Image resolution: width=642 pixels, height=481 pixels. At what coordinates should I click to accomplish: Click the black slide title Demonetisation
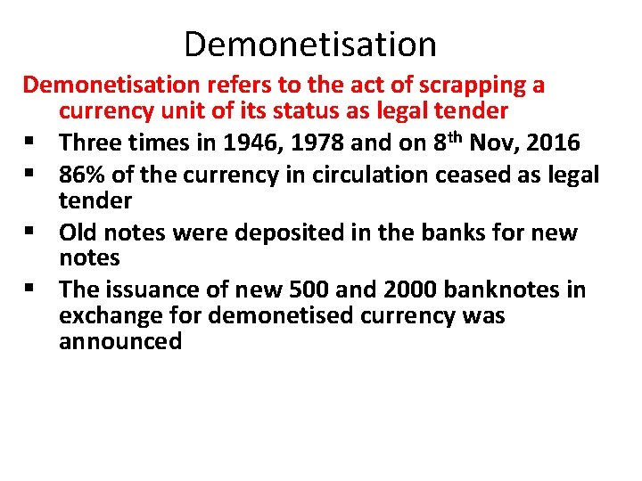[x=310, y=44]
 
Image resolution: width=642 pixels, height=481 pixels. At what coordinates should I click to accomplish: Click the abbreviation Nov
[x=487, y=143]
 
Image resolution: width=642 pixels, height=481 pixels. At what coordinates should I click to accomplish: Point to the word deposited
[x=290, y=233]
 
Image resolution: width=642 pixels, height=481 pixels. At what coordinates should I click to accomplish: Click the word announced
[x=120, y=342]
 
